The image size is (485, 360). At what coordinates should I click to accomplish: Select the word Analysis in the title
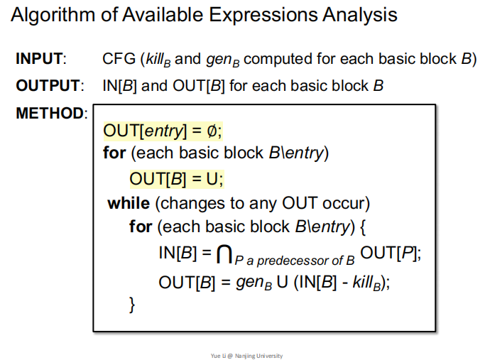[358, 15]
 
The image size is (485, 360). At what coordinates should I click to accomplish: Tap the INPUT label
[40, 60]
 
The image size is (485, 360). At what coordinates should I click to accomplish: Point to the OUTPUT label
[46, 86]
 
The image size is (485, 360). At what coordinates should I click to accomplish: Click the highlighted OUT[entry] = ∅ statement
[168, 131]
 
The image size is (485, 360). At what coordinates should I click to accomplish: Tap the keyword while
[129, 204]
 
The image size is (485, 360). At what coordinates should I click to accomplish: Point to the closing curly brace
[132, 305]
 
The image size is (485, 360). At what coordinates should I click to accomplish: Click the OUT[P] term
[390, 252]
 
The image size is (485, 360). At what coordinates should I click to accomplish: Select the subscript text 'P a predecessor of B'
[297, 261]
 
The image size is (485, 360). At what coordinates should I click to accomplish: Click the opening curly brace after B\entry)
[359, 227]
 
